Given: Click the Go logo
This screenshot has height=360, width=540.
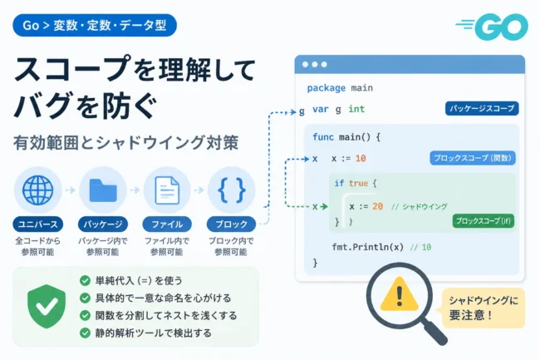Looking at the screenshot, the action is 493,27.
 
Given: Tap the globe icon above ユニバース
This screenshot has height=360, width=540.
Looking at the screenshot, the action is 38,190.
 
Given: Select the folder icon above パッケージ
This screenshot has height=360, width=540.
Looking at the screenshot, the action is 103,190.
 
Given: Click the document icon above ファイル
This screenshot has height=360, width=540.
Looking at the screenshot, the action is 167,190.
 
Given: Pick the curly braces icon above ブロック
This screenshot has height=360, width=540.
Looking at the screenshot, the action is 232,190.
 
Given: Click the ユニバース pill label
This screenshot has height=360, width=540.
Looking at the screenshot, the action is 38,224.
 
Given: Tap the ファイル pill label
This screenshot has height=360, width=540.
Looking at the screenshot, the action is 167,224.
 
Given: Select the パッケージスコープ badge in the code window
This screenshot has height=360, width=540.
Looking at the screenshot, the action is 482,109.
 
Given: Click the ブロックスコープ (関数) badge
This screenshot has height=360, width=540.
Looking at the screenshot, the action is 473,158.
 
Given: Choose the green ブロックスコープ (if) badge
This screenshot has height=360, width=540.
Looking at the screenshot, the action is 484,221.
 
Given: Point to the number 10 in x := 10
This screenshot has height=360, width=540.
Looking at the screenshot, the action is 361,159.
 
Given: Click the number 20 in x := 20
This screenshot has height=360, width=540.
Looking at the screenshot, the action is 377,206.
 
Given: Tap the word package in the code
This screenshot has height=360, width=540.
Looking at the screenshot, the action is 326,88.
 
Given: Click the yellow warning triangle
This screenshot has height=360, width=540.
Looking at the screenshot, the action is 400,293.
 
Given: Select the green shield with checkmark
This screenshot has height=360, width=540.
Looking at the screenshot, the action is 47,306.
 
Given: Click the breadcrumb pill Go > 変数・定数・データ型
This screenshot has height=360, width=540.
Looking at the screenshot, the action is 95,25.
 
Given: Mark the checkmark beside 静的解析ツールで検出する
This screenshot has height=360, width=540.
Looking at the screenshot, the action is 85,333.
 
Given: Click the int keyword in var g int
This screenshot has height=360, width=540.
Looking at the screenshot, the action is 356,109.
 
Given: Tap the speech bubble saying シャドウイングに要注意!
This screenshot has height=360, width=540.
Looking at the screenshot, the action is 483,308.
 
